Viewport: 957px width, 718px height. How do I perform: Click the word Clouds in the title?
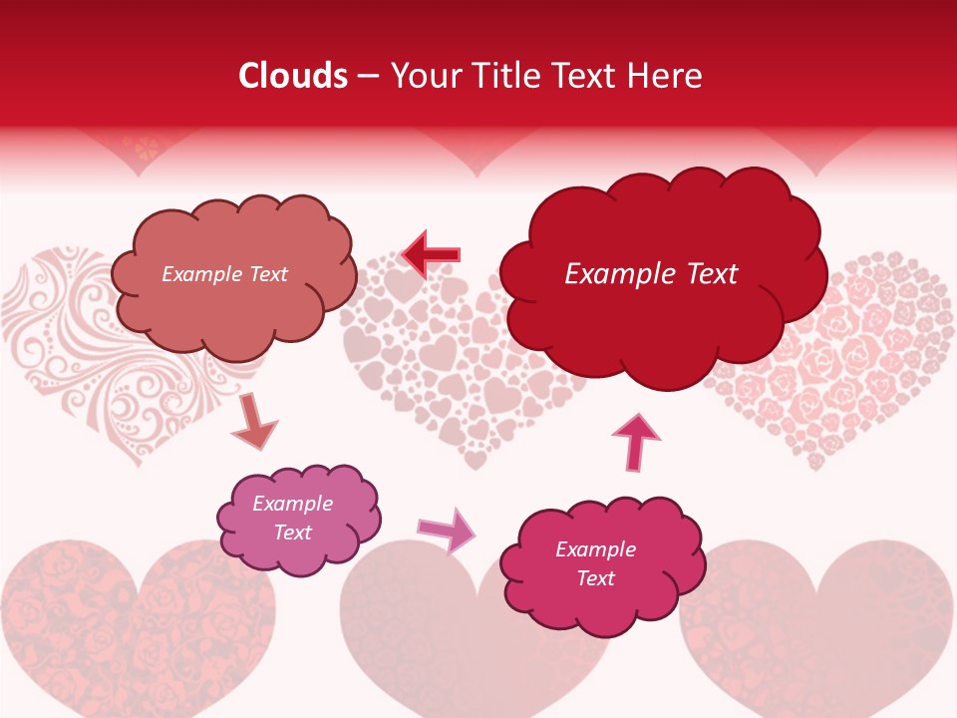pos(293,76)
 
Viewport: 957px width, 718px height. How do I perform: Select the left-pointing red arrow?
pos(432,254)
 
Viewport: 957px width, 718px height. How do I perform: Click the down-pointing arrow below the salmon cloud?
pos(253,422)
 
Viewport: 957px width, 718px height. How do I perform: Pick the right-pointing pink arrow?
pos(447,530)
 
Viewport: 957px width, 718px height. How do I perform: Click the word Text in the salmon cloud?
pos(267,274)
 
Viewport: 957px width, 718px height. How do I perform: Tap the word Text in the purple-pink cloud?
pos(293,533)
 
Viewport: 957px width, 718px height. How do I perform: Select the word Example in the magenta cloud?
pos(595,549)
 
